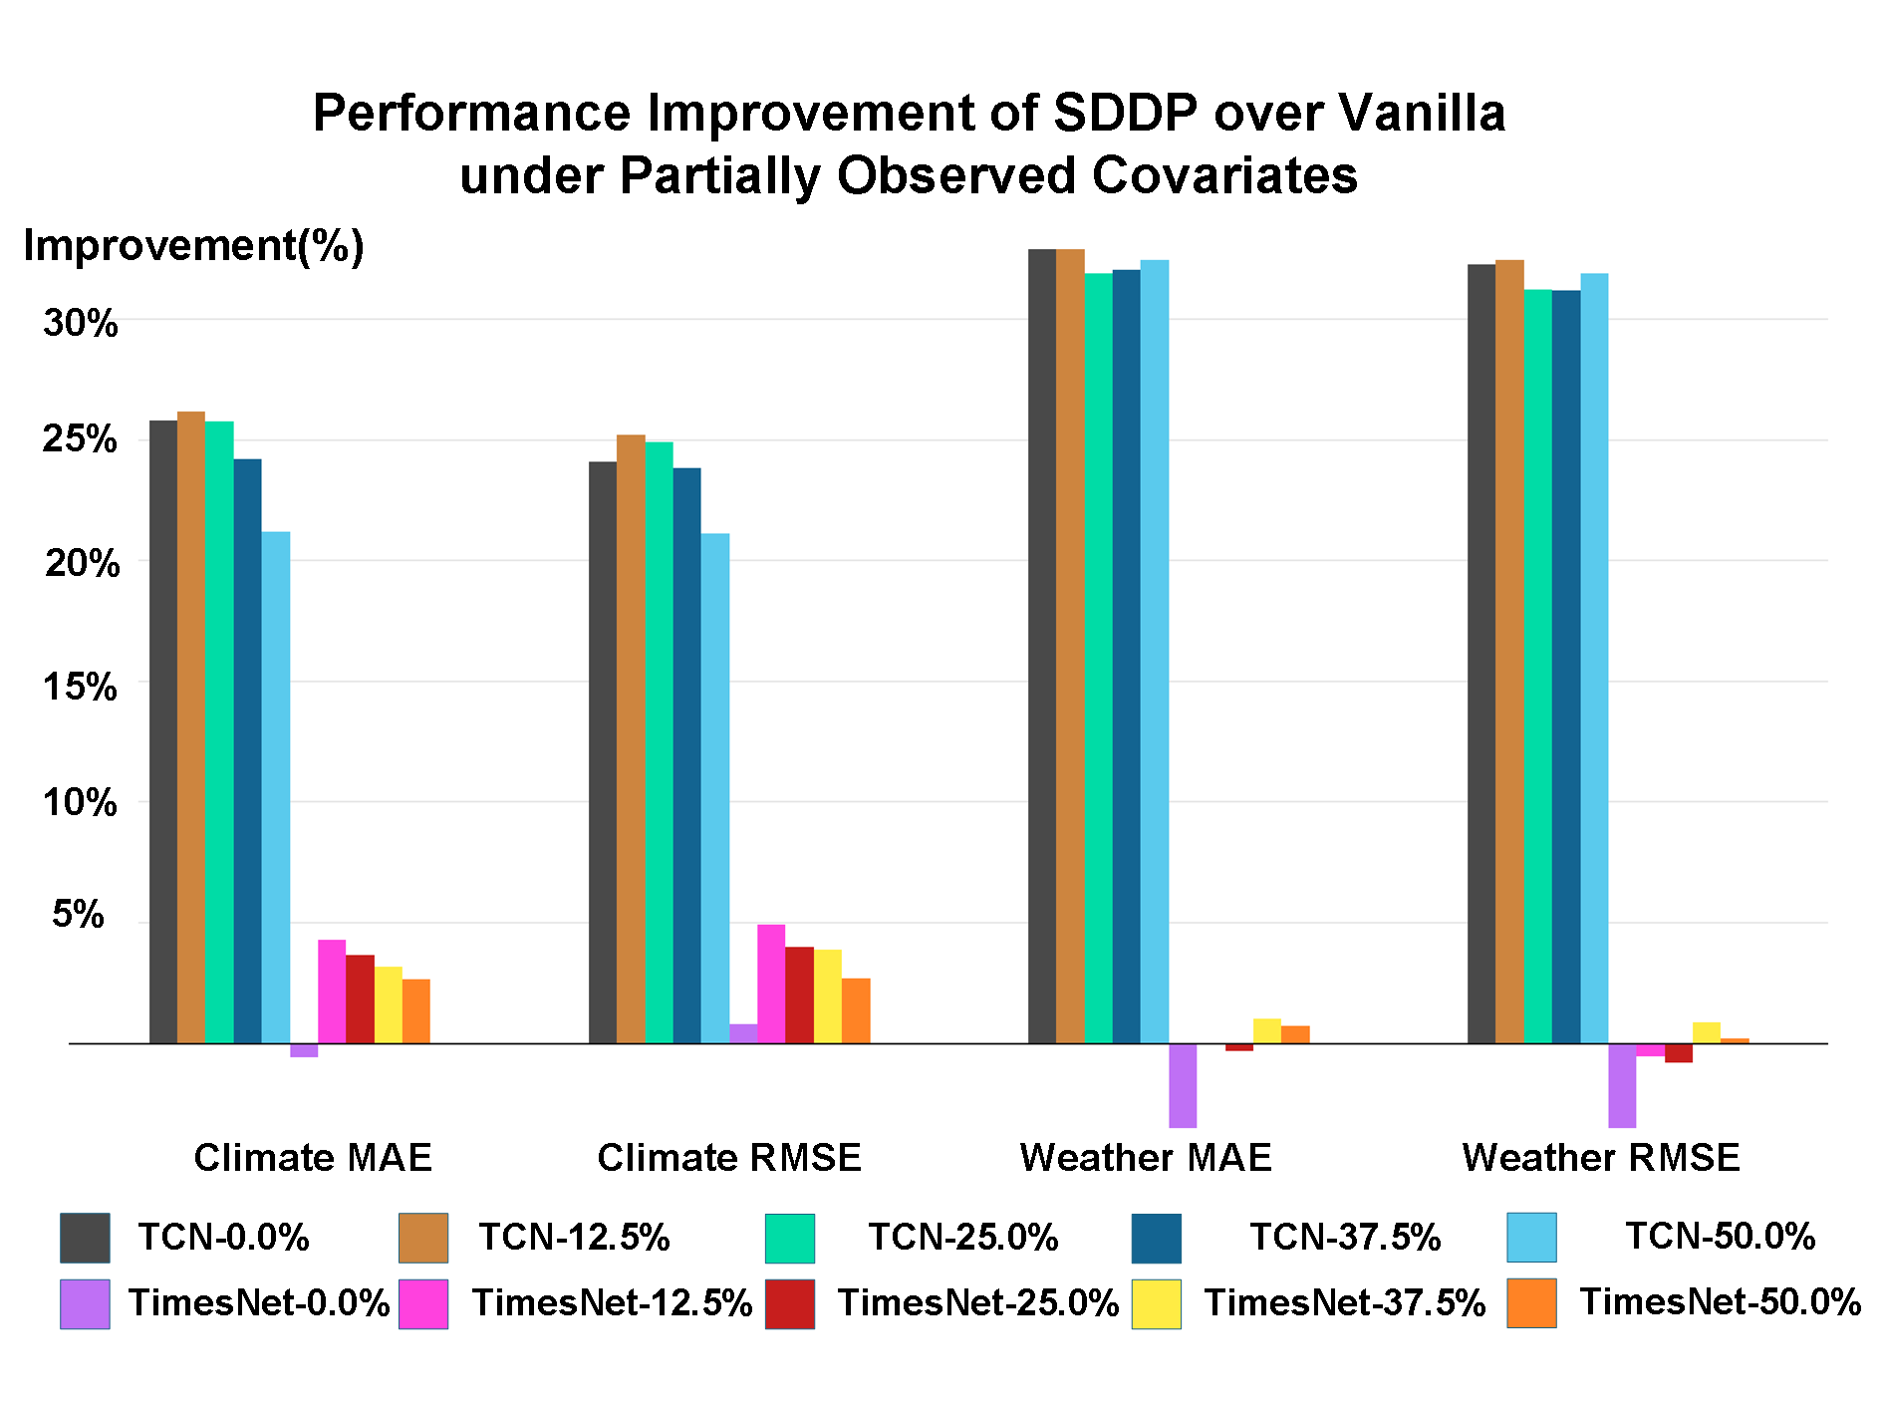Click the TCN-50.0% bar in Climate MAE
click(276, 787)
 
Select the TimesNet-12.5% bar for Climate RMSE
click(771, 984)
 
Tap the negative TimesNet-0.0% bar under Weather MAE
click(1183, 1085)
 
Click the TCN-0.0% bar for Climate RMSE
click(603, 752)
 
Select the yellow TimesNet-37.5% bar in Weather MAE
click(1267, 1031)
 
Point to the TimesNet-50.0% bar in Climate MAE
click(416, 1011)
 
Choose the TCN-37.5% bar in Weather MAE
click(1127, 657)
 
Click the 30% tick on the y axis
click(81, 323)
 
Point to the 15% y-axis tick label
click(81, 687)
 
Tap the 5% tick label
click(79, 914)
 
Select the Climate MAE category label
click(313, 1158)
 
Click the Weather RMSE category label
click(1601, 1158)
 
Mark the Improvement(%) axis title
click(194, 245)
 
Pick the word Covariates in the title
click(1224, 175)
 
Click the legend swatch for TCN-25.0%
click(790, 1239)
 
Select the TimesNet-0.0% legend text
click(259, 1302)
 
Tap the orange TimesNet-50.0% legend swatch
click(1531, 1303)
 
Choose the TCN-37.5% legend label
click(1345, 1237)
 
